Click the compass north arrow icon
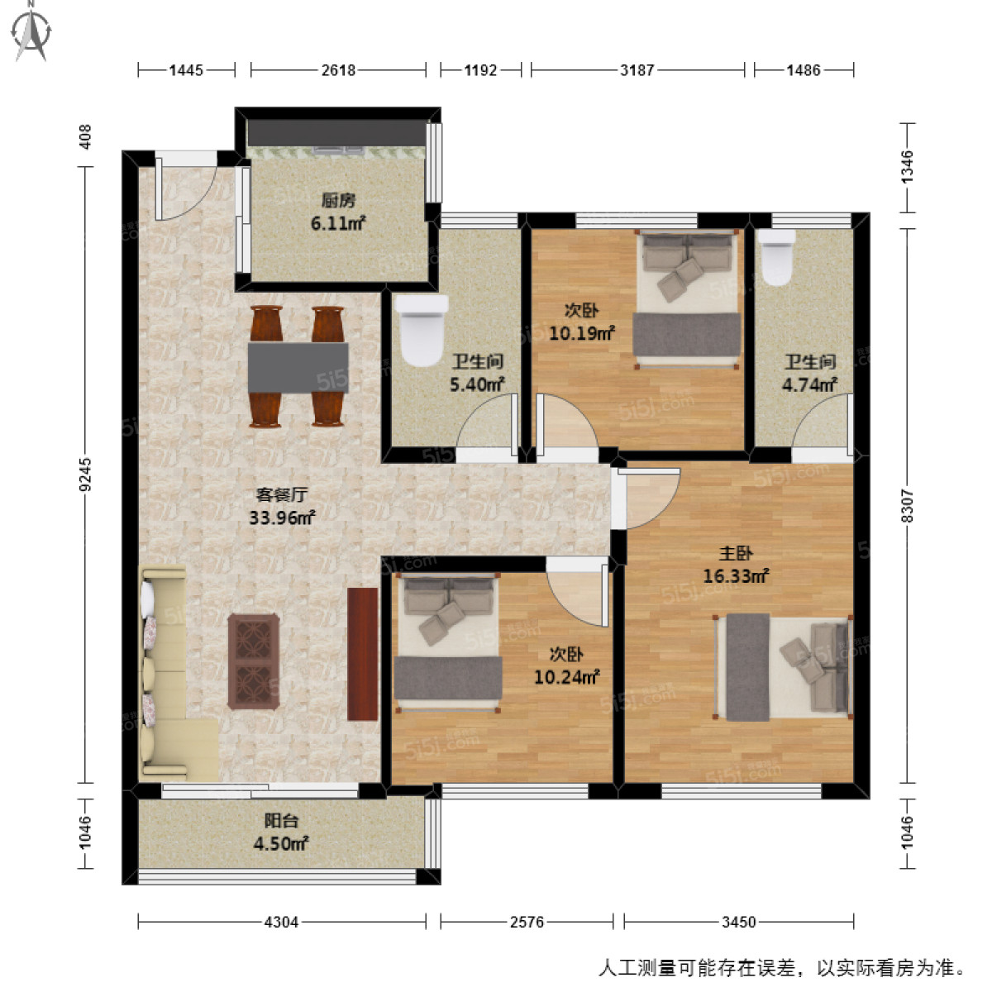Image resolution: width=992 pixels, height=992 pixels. point(32,31)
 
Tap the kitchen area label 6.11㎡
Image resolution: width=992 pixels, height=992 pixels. point(338,223)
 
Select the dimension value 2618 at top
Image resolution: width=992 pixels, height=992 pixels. point(338,70)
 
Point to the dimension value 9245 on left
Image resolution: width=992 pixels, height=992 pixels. point(86,475)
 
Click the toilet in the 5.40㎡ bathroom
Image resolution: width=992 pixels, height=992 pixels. point(422,330)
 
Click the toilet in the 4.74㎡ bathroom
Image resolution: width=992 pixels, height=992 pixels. point(777,257)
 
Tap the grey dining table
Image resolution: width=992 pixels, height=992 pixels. point(298,367)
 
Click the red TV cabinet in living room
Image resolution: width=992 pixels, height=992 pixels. point(362,653)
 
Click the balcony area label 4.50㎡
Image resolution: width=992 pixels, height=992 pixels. point(281,843)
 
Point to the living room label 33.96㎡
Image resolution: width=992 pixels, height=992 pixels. point(282,518)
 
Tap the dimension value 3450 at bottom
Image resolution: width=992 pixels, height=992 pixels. point(738,922)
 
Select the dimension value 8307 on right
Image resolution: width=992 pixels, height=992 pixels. point(908,504)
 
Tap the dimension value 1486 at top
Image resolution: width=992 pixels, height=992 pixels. point(803,70)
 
